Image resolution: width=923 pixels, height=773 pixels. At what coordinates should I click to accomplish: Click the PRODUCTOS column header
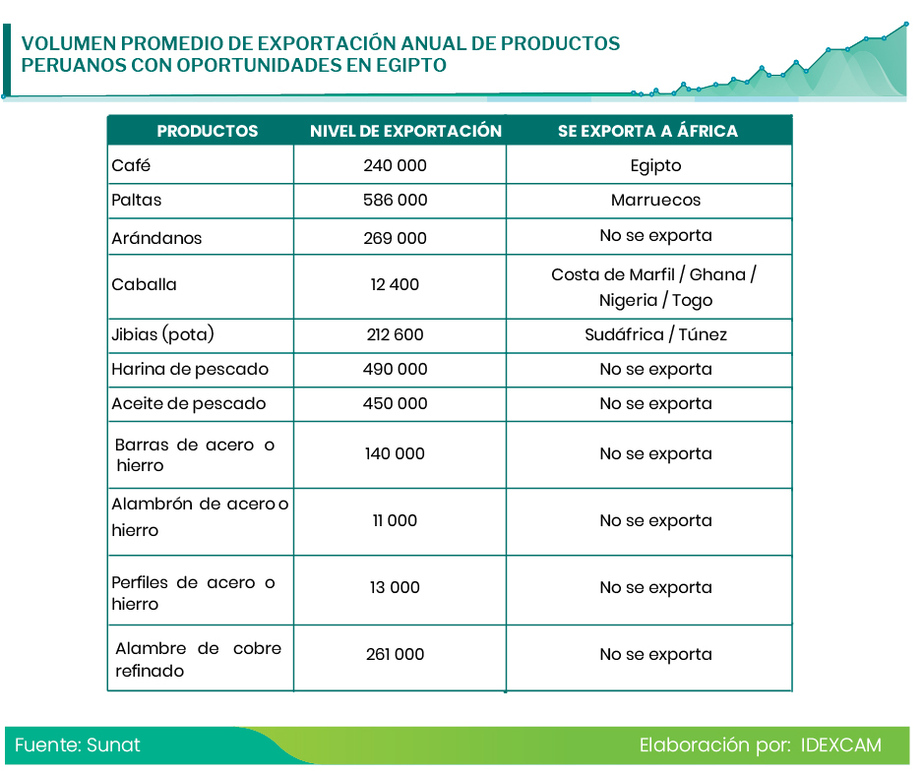point(208,131)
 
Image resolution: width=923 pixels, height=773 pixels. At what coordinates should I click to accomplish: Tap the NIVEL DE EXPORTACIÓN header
point(405,131)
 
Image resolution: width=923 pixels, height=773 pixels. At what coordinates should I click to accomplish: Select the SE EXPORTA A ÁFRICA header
point(647,131)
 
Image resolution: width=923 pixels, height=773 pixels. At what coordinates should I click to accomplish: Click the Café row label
point(131,165)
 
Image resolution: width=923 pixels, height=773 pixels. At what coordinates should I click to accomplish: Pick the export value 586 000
point(395,200)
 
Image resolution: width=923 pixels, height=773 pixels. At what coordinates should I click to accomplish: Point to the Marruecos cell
point(655,200)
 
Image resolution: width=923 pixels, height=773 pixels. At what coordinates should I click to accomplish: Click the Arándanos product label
point(156,238)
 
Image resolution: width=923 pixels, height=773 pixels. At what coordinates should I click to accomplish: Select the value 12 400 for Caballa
point(395,284)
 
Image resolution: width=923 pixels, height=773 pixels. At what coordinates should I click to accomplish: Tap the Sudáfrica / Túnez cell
point(655,334)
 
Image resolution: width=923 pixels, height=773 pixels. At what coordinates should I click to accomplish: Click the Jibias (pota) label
point(162,334)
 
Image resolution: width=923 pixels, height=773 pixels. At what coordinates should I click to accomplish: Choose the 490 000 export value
point(395,369)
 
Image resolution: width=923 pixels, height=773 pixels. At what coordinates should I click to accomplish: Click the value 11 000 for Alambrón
point(395,520)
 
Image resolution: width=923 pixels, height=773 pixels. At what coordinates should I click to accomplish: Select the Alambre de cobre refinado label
point(197,659)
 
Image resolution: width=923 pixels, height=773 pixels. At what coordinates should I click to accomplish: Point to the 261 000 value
point(395,654)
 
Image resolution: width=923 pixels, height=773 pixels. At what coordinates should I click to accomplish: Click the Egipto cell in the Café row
point(655,165)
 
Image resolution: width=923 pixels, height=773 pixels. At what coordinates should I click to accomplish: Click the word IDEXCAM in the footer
point(840,744)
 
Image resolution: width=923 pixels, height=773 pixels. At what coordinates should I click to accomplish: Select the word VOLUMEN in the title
point(68,44)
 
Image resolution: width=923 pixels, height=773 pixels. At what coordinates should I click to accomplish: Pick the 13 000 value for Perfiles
point(395,587)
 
